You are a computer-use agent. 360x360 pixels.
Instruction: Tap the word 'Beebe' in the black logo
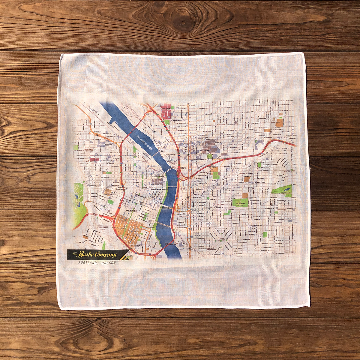(86, 255)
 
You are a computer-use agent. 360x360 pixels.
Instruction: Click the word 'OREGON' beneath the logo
(108, 263)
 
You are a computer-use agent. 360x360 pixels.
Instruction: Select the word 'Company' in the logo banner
(105, 255)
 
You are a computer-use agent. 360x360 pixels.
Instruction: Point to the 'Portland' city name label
(149, 187)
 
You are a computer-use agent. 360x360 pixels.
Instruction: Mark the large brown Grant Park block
(280, 123)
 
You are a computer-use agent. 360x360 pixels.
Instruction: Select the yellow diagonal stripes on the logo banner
(123, 255)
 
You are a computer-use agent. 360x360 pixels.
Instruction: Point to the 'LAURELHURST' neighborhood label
(289, 171)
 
